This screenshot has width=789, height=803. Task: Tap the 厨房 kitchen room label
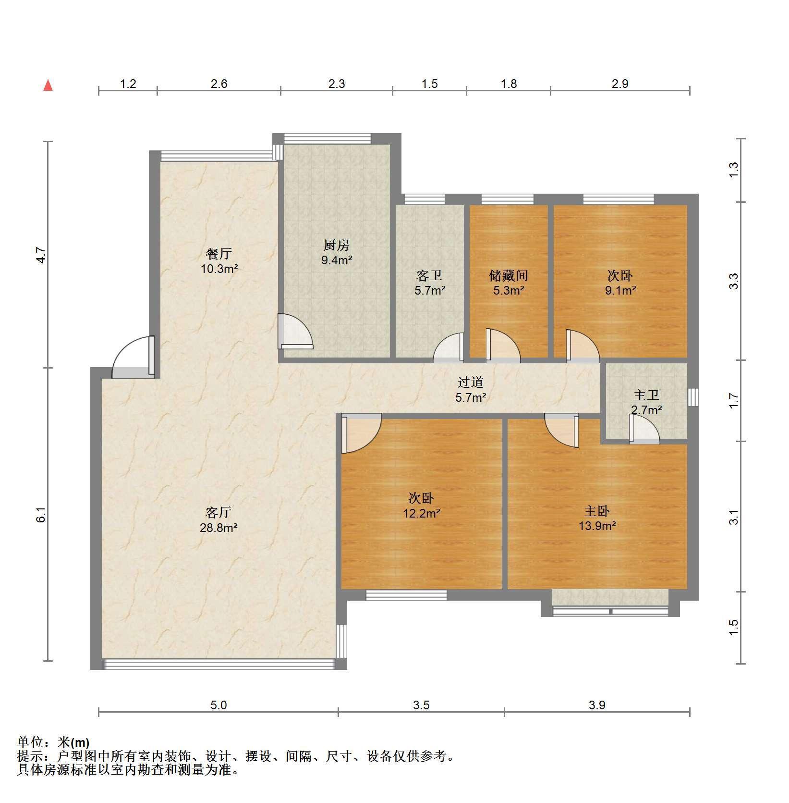(336, 246)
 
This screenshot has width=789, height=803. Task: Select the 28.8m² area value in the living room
(219, 528)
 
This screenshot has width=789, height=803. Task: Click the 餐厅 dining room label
(219, 253)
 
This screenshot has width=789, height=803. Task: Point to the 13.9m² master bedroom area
(597, 526)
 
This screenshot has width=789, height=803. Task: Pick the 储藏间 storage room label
(509, 275)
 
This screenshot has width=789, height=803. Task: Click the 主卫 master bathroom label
(646, 395)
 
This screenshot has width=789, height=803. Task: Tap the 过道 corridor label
(471, 383)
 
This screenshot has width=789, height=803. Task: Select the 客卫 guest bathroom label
(429, 275)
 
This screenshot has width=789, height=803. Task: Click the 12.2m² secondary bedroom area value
(422, 513)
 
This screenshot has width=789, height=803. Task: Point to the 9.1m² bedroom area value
(620, 290)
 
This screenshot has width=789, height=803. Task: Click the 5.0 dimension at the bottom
(218, 705)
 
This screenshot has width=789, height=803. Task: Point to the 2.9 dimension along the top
(620, 84)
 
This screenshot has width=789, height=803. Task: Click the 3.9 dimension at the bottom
(597, 705)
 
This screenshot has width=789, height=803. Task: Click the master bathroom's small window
(692, 397)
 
